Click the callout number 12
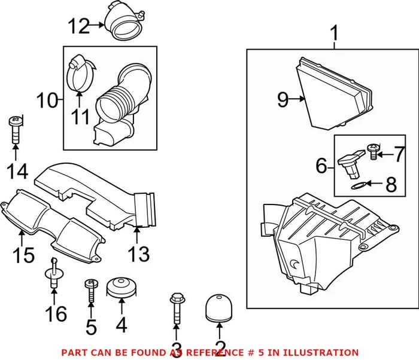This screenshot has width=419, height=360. click(x=77, y=26)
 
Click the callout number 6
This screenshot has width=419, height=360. click(x=321, y=165)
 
